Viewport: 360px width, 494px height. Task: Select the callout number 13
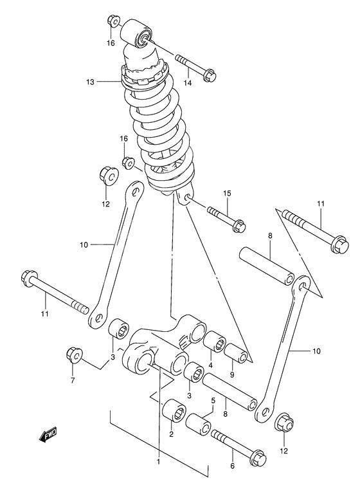[90, 82]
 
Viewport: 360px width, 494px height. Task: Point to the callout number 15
[226, 194]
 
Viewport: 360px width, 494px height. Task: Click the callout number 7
[73, 380]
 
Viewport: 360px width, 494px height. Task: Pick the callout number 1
[158, 461]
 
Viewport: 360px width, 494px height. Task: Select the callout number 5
[213, 400]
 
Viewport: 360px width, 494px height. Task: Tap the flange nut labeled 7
[73, 355]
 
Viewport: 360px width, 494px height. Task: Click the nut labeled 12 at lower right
[285, 425]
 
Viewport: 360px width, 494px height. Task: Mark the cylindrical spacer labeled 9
[235, 354]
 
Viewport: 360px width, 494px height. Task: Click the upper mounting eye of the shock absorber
[138, 32]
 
